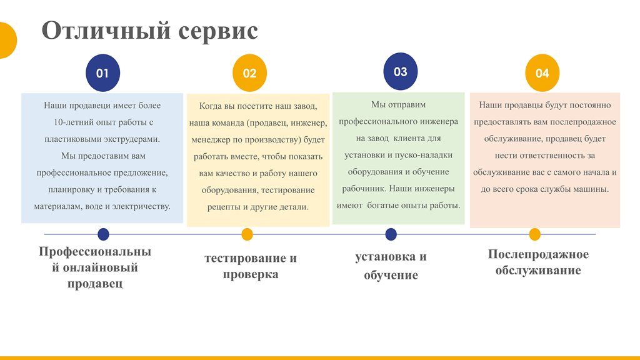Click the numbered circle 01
coord(103,73)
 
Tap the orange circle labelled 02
coord(249,73)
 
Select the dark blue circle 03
coord(401,71)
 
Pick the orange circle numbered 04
coord(542,73)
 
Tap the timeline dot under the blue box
coord(103,234)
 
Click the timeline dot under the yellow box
coord(247,234)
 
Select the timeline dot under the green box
coord(391,234)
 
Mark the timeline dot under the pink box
coord(535,234)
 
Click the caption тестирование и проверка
coord(251,266)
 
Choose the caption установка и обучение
coord(391,266)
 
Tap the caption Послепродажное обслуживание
coord(538,262)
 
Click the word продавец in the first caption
coord(95,284)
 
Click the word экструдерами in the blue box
coord(132,139)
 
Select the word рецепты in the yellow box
coord(224,207)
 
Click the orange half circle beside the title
coord(7,41)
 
